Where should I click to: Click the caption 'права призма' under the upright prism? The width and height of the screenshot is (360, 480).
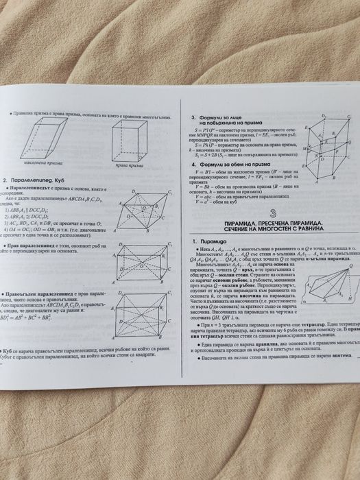coord(129,165)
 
